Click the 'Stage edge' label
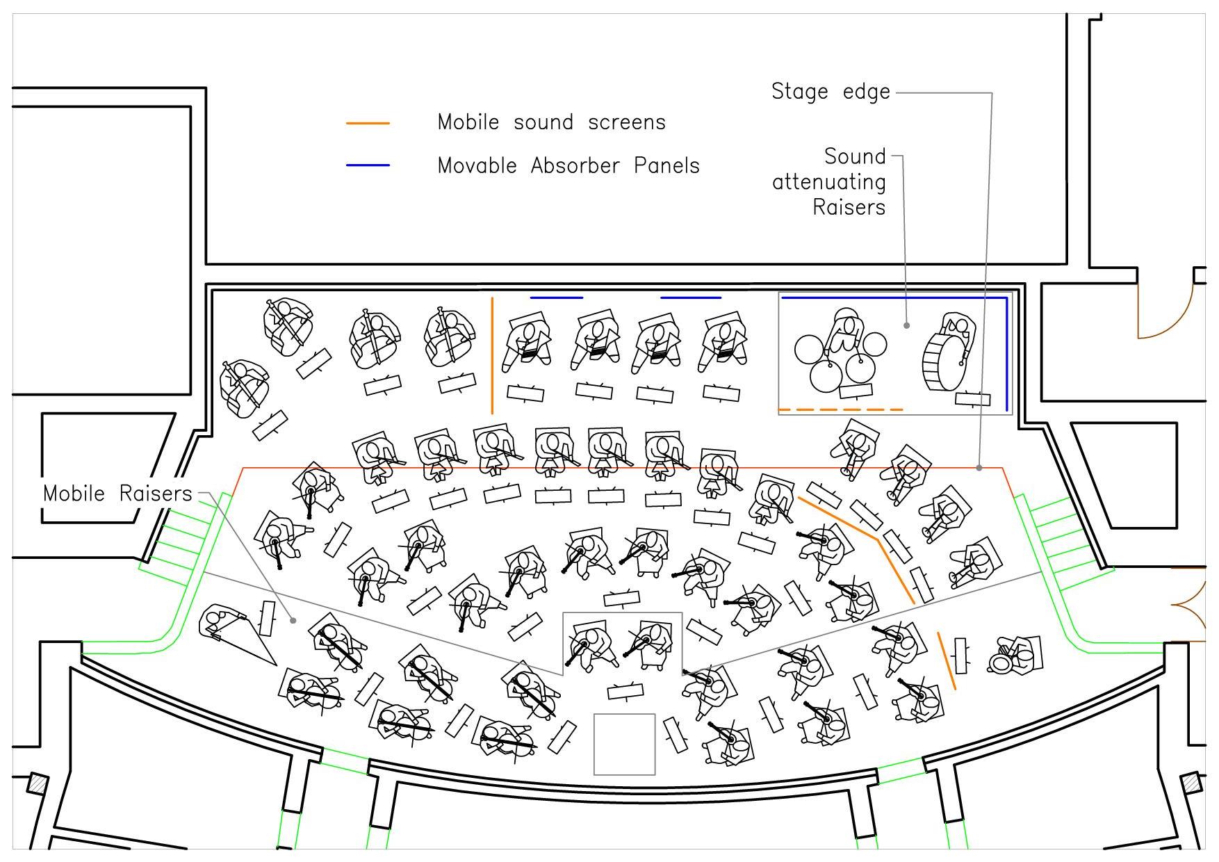(x=831, y=92)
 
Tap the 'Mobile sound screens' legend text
(x=551, y=122)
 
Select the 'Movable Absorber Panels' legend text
(x=568, y=166)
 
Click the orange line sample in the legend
(x=368, y=123)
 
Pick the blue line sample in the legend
(x=368, y=165)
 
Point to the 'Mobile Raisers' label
(x=117, y=494)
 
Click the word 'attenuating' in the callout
(x=828, y=182)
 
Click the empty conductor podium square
(x=624, y=744)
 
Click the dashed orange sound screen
(x=840, y=410)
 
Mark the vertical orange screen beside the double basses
(x=492, y=355)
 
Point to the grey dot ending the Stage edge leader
(x=979, y=468)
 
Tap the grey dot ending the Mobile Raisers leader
(x=293, y=620)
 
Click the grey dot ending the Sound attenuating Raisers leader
(x=906, y=325)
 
